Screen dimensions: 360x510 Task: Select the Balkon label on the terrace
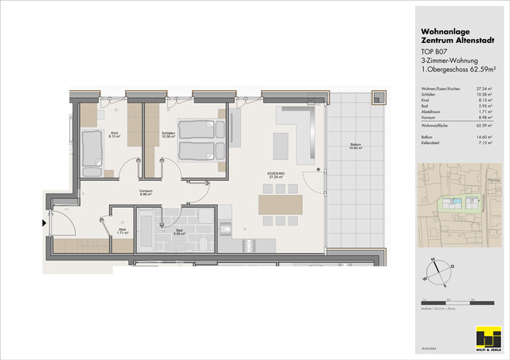355,146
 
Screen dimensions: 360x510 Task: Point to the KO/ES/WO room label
277,178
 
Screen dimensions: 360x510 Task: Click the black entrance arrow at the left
44,223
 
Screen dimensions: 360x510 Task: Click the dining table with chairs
280,205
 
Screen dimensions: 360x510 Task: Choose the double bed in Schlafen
199,138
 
